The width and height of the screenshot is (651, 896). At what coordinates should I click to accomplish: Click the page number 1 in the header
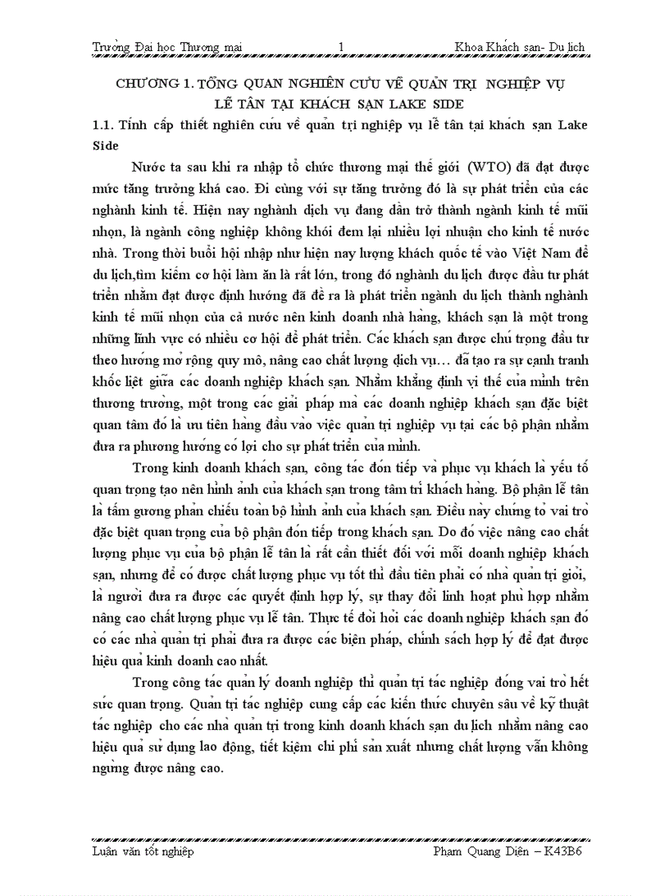(341, 47)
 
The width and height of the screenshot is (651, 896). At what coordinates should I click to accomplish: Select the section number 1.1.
(105, 125)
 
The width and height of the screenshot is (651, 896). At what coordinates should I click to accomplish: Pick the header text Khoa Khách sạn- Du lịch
(519, 47)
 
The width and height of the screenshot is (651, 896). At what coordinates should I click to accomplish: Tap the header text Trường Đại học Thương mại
(167, 47)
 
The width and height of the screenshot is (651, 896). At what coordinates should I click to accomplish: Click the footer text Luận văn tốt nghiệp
(143, 851)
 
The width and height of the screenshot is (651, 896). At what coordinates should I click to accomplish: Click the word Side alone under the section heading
(105, 146)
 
